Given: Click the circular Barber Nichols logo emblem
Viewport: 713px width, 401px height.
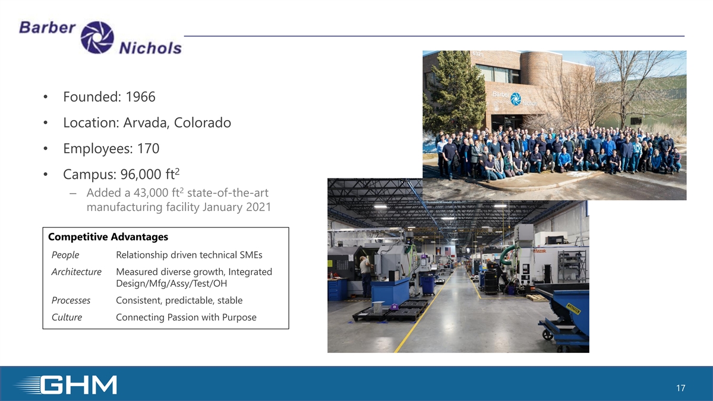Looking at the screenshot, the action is click(x=97, y=37).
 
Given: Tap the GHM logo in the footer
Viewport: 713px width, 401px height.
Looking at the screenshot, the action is click(x=66, y=385).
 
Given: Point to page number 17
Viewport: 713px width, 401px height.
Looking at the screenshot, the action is click(x=680, y=388).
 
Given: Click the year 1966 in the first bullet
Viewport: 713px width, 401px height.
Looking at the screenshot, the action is click(x=140, y=97).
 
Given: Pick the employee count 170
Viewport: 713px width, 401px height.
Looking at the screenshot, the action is click(x=148, y=149).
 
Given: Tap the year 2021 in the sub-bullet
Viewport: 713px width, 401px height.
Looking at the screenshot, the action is click(x=258, y=207).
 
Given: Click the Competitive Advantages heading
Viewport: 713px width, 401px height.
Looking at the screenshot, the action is click(x=108, y=237).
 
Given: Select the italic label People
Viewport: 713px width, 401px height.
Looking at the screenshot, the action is click(x=65, y=255).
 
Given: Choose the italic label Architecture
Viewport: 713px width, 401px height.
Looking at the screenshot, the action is click(x=77, y=272).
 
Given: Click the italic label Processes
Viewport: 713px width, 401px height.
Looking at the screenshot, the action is click(x=71, y=301).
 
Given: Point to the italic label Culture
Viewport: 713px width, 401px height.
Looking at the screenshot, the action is click(x=67, y=317).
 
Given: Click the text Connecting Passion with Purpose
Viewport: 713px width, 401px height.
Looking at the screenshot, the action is click(x=186, y=317).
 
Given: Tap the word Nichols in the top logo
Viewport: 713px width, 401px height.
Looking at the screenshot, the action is click(x=150, y=48).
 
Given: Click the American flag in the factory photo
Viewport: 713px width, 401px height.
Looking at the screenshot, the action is click(x=448, y=251).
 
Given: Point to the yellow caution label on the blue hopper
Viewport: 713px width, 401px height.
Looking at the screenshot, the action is click(x=573, y=309).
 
